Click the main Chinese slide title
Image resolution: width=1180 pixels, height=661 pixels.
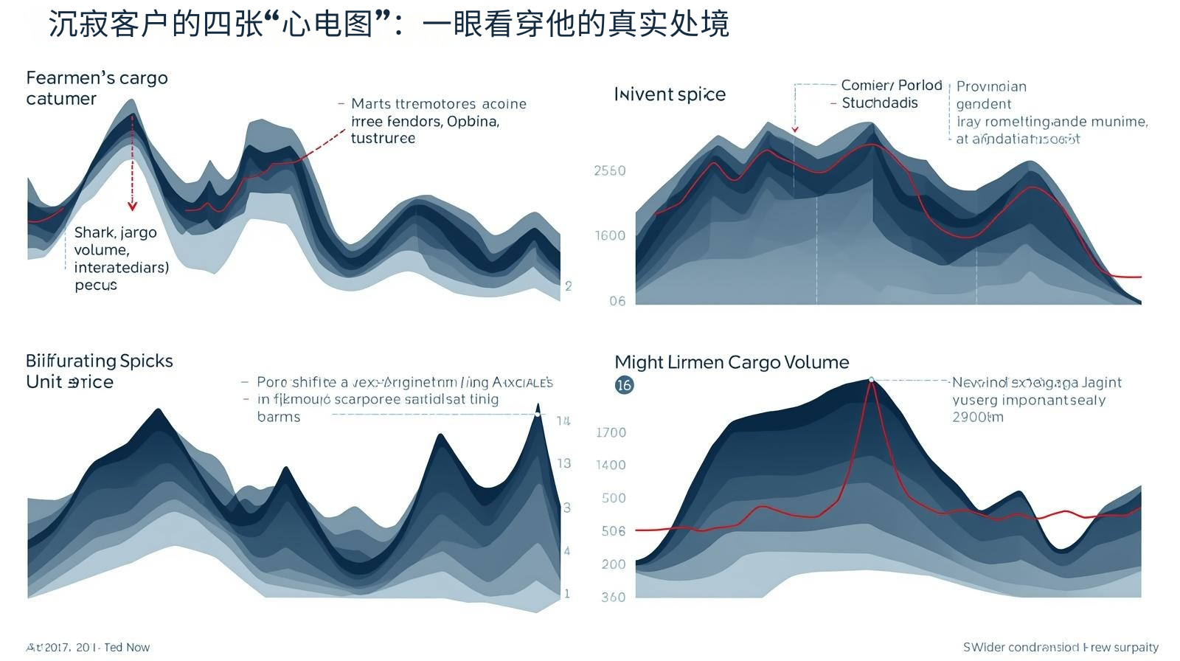[x=389, y=24]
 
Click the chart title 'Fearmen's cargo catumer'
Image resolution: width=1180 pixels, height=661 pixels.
[x=97, y=88]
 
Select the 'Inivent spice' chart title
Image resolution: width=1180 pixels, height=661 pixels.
[x=670, y=94]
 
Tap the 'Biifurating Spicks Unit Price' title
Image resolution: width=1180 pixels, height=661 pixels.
[x=99, y=371]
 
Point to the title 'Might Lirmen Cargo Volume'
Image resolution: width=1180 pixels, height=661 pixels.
[x=732, y=362]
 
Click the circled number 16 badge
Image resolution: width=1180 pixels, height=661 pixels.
[x=624, y=385]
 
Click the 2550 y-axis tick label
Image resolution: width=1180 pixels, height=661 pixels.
[x=610, y=171]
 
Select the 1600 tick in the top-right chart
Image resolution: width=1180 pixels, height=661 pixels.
[x=610, y=236]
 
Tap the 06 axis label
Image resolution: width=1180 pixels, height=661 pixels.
[x=617, y=301]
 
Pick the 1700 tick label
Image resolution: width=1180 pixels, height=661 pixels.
[x=611, y=432]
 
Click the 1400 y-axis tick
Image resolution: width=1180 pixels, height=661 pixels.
[x=611, y=465]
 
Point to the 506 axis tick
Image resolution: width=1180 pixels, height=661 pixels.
[x=614, y=531]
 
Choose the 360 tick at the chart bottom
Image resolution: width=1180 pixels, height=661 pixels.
[x=614, y=597]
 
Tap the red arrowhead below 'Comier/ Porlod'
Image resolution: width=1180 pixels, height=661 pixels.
[x=795, y=130]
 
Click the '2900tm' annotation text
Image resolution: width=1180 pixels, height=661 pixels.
[x=978, y=417]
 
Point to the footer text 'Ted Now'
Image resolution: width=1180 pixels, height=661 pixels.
[x=127, y=647]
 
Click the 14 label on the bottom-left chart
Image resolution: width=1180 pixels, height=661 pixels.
[x=563, y=421]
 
